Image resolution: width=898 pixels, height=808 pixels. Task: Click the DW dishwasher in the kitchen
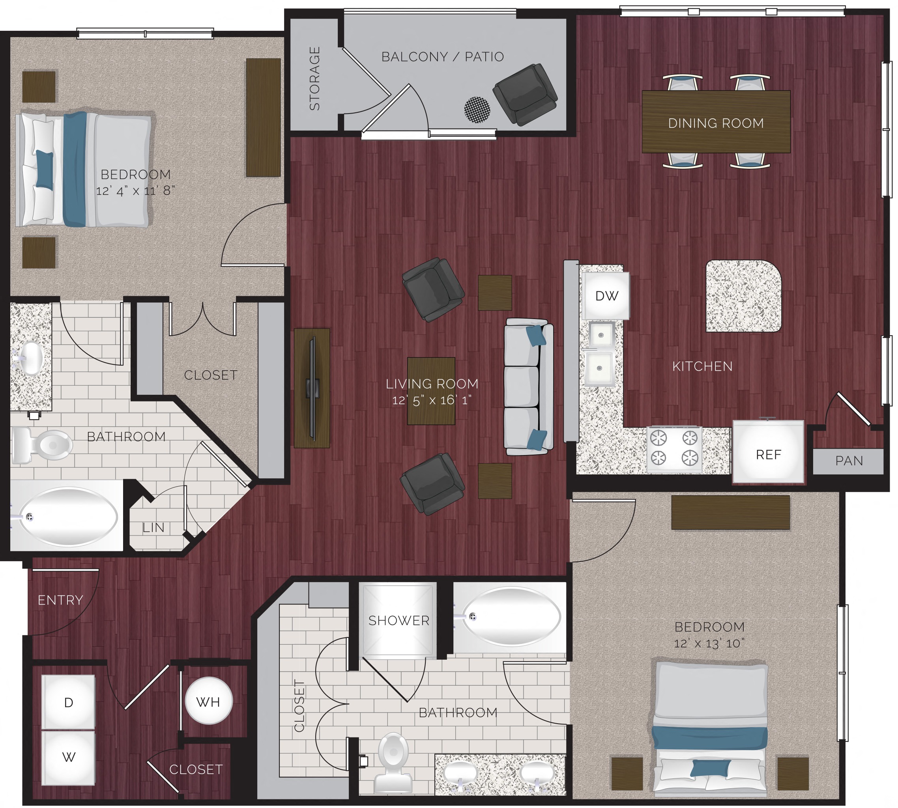tap(606, 296)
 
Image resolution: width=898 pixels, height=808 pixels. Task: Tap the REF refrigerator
tap(768, 454)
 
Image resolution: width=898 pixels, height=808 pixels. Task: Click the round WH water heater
tap(208, 702)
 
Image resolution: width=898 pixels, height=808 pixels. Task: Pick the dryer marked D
tap(68, 702)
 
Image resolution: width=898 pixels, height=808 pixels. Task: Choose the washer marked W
tap(68, 758)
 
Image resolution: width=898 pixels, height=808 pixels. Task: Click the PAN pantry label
tap(849, 461)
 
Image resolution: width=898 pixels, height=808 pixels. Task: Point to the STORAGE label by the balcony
tap(314, 78)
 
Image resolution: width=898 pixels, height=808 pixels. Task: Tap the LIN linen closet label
tap(153, 527)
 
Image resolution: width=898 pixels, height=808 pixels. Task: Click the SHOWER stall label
tap(398, 621)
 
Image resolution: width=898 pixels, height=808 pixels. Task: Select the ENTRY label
tap(60, 600)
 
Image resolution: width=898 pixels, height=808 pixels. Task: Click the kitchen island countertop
tap(743, 296)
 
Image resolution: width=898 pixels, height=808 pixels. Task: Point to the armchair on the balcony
tap(525, 94)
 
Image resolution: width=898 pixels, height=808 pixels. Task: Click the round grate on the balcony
tap(477, 110)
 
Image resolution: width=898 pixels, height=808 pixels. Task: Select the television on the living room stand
tap(312, 388)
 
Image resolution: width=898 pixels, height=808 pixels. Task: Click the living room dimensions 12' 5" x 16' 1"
tap(431, 400)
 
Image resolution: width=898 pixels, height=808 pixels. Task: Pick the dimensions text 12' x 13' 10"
tap(709, 643)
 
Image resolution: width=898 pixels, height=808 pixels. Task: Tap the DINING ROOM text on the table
tap(715, 123)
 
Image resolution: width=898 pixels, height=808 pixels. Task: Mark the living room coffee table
tap(431, 391)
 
